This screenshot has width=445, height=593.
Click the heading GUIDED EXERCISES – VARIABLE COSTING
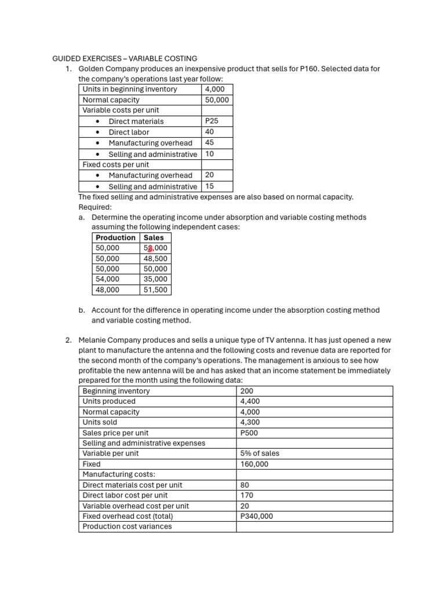click(125, 58)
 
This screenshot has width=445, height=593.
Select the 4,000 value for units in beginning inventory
click(215, 89)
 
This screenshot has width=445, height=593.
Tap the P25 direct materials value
click(211, 121)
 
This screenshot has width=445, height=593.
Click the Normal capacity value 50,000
click(217, 100)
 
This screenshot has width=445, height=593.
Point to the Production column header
click(115, 237)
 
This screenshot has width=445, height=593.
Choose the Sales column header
click(154, 237)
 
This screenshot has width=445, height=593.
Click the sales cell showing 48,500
click(155, 258)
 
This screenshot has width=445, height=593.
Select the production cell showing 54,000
click(108, 279)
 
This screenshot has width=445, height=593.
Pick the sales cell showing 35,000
click(155, 279)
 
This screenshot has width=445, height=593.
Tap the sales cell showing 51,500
click(155, 290)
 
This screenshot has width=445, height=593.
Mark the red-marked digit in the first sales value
click(149, 248)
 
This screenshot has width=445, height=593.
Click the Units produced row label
click(109, 401)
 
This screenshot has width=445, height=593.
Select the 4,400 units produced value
click(249, 401)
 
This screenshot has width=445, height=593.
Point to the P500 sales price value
click(249, 433)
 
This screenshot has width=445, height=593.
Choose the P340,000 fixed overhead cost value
click(256, 516)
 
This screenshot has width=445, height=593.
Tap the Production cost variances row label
click(127, 526)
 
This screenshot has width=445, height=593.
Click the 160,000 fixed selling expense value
click(254, 464)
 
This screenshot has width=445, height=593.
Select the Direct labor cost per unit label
click(125, 495)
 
